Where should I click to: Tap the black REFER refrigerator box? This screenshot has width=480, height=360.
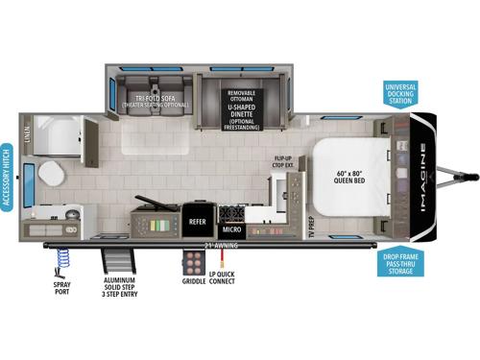point(198,219)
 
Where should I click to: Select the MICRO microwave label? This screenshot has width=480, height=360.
point(231,230)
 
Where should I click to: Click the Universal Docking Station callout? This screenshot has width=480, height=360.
point(399,94)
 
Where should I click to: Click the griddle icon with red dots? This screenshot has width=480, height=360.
point(190,262)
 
